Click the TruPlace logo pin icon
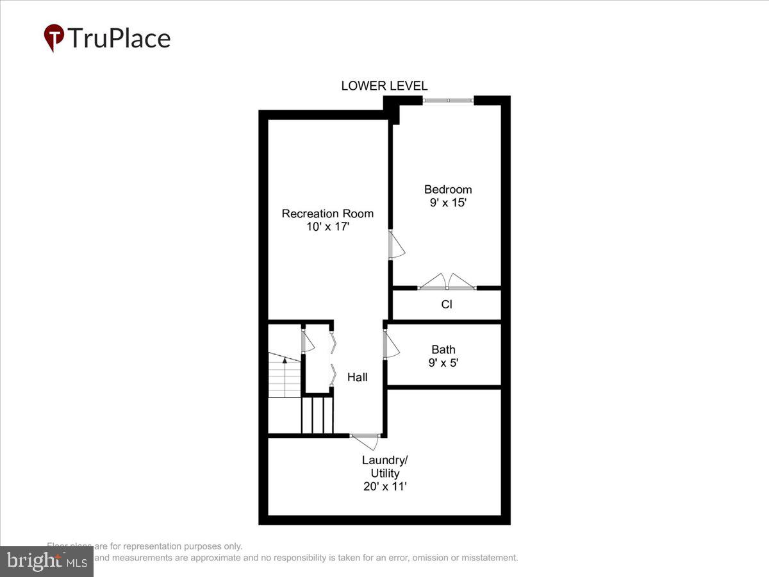click(54, 37)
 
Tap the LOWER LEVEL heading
click(384, 86)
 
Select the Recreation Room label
click(327, 213)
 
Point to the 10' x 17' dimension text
click(327, 226)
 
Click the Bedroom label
click(448, 189)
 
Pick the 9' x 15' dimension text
click(448, 203)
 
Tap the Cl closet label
click(447, 305)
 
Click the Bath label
click(443, 349)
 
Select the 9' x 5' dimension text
click(443, 363)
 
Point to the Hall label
click(358, 378)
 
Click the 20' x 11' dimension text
click(384, 487)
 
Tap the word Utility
click(384, 473)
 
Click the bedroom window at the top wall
click(449, 100)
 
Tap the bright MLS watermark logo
click(46, 562)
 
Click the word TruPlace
click(119, 38)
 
